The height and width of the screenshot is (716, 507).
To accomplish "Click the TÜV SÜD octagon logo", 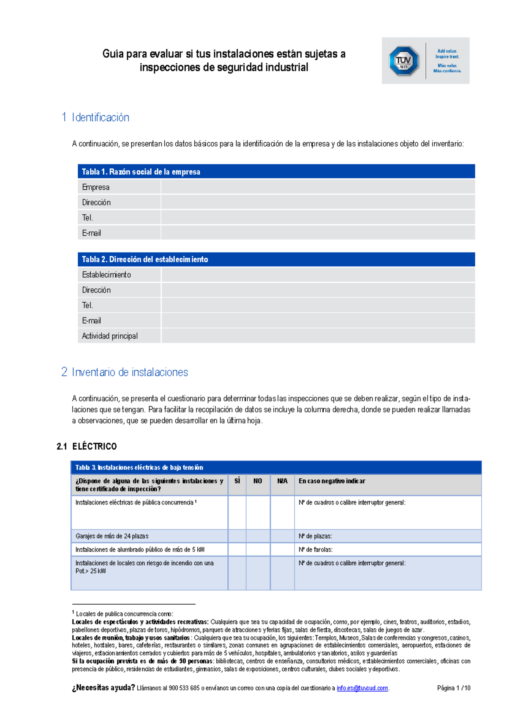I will coord(403,61).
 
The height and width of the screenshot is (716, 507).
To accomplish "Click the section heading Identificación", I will coord(100,117).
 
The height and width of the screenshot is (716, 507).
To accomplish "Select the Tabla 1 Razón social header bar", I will coord(276,171).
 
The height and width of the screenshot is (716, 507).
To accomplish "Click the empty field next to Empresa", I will coord(317,187).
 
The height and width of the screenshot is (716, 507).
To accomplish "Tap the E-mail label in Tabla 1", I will coord(91,233).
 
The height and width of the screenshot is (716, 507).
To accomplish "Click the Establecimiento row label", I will coord(106,275).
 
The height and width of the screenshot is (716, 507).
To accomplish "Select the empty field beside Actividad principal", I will coord(317,336).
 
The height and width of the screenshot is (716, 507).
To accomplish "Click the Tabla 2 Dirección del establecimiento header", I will coord(276,259).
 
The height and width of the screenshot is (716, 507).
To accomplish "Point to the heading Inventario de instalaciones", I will coord(129,372).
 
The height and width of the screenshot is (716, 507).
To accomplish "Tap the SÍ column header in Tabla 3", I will coord(237,481).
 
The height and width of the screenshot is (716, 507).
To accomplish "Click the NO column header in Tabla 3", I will coord(258,481).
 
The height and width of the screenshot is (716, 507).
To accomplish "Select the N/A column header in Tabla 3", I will coord(282,481).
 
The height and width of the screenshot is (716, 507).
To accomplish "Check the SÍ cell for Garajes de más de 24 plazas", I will coord(237,536).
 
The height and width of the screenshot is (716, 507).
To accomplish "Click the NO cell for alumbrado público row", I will coord(258,550).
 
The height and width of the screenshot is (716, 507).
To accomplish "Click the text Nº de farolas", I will coord(316,550).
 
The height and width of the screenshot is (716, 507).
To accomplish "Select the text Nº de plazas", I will coord(315,536).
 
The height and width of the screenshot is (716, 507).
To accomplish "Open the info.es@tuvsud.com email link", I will coord(362,688).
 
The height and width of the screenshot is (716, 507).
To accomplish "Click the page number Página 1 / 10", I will coord(453,688).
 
